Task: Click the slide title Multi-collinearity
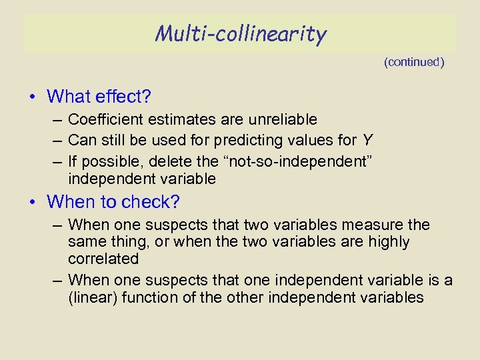click(x=241, y=33)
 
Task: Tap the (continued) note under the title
click(x=414, y=62)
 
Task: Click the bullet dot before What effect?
click(x=33, y=97)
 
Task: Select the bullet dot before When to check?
click(x=33, y=202)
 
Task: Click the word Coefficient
click(x=101, y=119)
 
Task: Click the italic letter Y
click(x=367, y=139)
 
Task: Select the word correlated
click(x=103, y=258)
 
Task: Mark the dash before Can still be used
click(x=56, y=139)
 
